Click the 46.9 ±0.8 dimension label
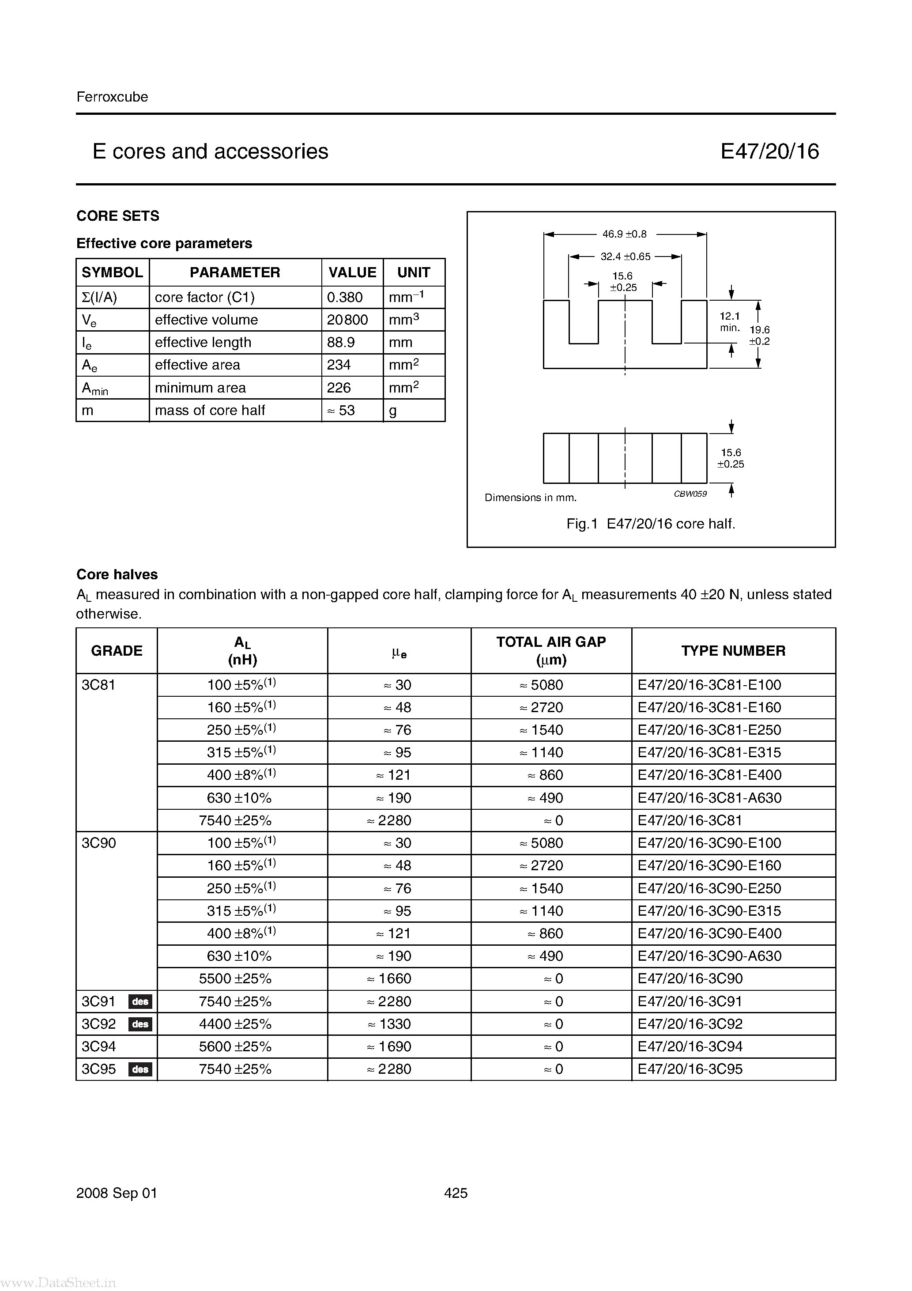624,234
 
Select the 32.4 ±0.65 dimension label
625,257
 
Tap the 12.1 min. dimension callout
729,321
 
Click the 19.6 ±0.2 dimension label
759,335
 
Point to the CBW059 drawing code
690,494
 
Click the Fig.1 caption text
651,524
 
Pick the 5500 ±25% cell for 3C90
235,978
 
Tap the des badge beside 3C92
140,1024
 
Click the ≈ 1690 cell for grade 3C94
389,1046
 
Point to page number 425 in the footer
456,1193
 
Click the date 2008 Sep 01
117,1193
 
